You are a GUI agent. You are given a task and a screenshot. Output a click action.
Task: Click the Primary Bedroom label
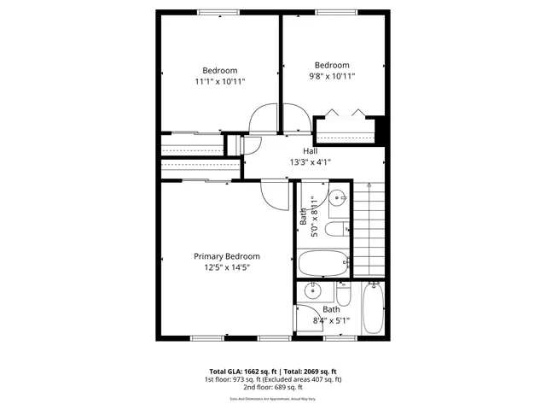[x=226, y=256]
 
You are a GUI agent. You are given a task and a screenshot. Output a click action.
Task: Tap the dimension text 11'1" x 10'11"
[x=218, y=82]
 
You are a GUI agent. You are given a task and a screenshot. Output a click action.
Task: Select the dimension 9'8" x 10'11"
[x=332, y=77]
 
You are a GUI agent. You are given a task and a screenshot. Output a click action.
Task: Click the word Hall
[x=311, y=151]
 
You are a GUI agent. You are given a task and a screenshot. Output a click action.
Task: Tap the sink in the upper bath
[x=338, y=199]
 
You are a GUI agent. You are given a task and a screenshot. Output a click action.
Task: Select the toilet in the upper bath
[x=337, y=228]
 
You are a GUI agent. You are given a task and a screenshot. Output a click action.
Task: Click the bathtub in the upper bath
[x=323, y=264]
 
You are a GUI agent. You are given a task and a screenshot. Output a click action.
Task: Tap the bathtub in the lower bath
[x=374, y=309]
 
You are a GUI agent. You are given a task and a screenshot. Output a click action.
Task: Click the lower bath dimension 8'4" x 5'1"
[x=331, y=321]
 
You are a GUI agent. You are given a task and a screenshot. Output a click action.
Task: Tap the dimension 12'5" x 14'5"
[x=226, y=267]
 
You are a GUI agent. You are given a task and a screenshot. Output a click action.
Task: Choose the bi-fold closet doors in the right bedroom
[x=345, y=114]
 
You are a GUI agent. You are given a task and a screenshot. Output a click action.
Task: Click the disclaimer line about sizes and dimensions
[x=273, y=399]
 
